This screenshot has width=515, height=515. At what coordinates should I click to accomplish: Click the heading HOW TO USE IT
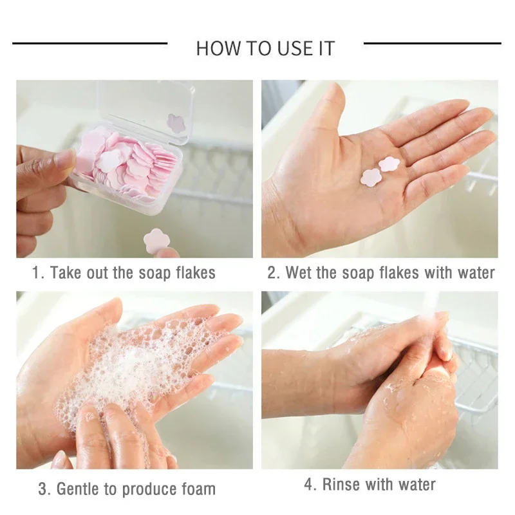pyautogui.click(x=265, y=48)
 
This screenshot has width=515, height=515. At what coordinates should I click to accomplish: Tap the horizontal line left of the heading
pyautogui.click(x=89, y=43)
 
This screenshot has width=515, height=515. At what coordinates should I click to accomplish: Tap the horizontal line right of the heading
pyautogui.click(x=432, y=43)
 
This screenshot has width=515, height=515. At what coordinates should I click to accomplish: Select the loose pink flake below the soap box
pyautogui.click(x=153, y=241)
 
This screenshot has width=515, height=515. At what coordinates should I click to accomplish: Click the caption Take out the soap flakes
pyautogui.click(x=124, y=272)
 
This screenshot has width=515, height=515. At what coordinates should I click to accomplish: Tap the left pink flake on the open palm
pyautogui.click(x=371, y=177)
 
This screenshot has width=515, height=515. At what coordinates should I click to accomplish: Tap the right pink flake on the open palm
pyautogui.click(x=389, y=164)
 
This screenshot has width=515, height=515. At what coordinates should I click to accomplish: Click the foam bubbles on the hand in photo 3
pyautogui.click(x=129, y=367)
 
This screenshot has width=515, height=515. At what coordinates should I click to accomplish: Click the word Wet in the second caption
pyautogui.click(x=299, y=272)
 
